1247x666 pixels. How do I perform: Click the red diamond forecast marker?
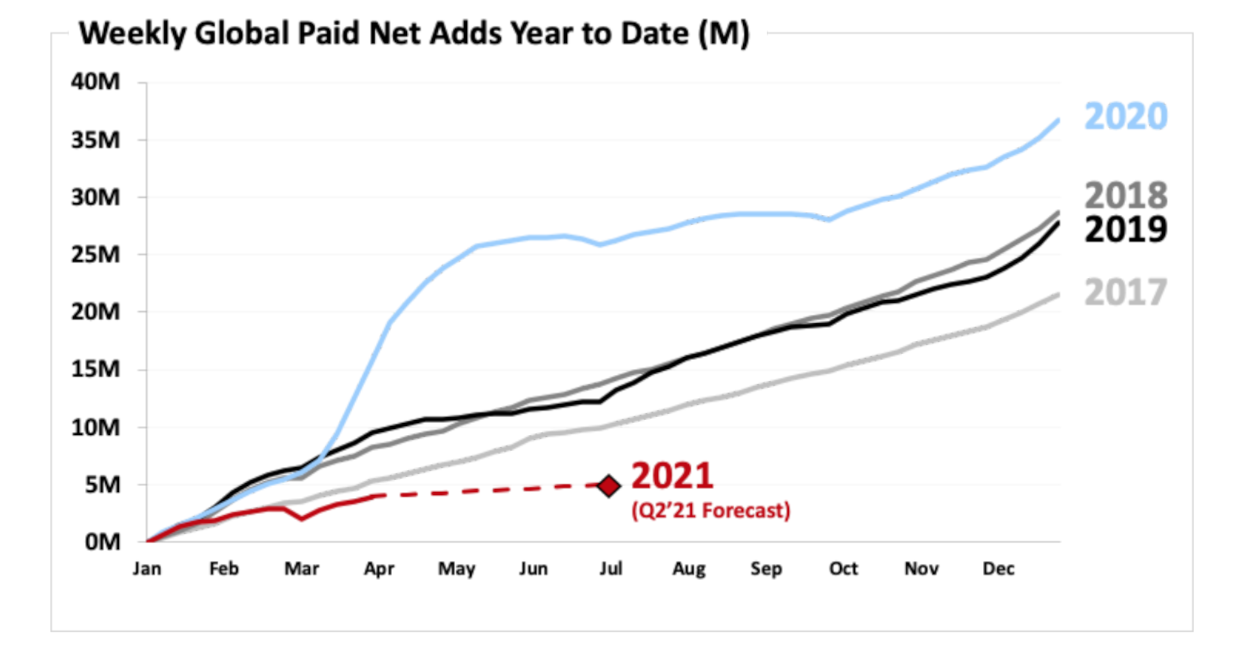pos(609,485)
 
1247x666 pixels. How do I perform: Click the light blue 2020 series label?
pos(1125,116)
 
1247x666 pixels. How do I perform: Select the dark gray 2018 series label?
pos(1125,195)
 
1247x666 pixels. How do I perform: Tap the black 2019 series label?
pos(1125,229)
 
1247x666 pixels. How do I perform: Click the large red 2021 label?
pos(672,476)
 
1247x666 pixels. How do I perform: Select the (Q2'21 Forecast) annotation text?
pos(710,510)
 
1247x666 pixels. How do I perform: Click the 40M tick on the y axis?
pos(95,81)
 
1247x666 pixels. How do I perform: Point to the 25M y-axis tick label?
pos(95,254)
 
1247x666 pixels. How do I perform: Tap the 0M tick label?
pos(102,542)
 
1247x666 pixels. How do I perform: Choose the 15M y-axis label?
pos(95,369)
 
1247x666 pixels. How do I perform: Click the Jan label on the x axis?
pos(147,568)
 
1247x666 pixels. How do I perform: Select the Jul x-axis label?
pos(610,568)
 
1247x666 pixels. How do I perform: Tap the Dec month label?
pos(998,568)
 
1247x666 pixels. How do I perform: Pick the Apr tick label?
pos(379,569)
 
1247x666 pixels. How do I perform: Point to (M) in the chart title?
pos(724,34)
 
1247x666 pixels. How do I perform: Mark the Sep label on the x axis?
pos(766,569)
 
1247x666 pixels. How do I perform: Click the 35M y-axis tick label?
pos(95,140)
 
